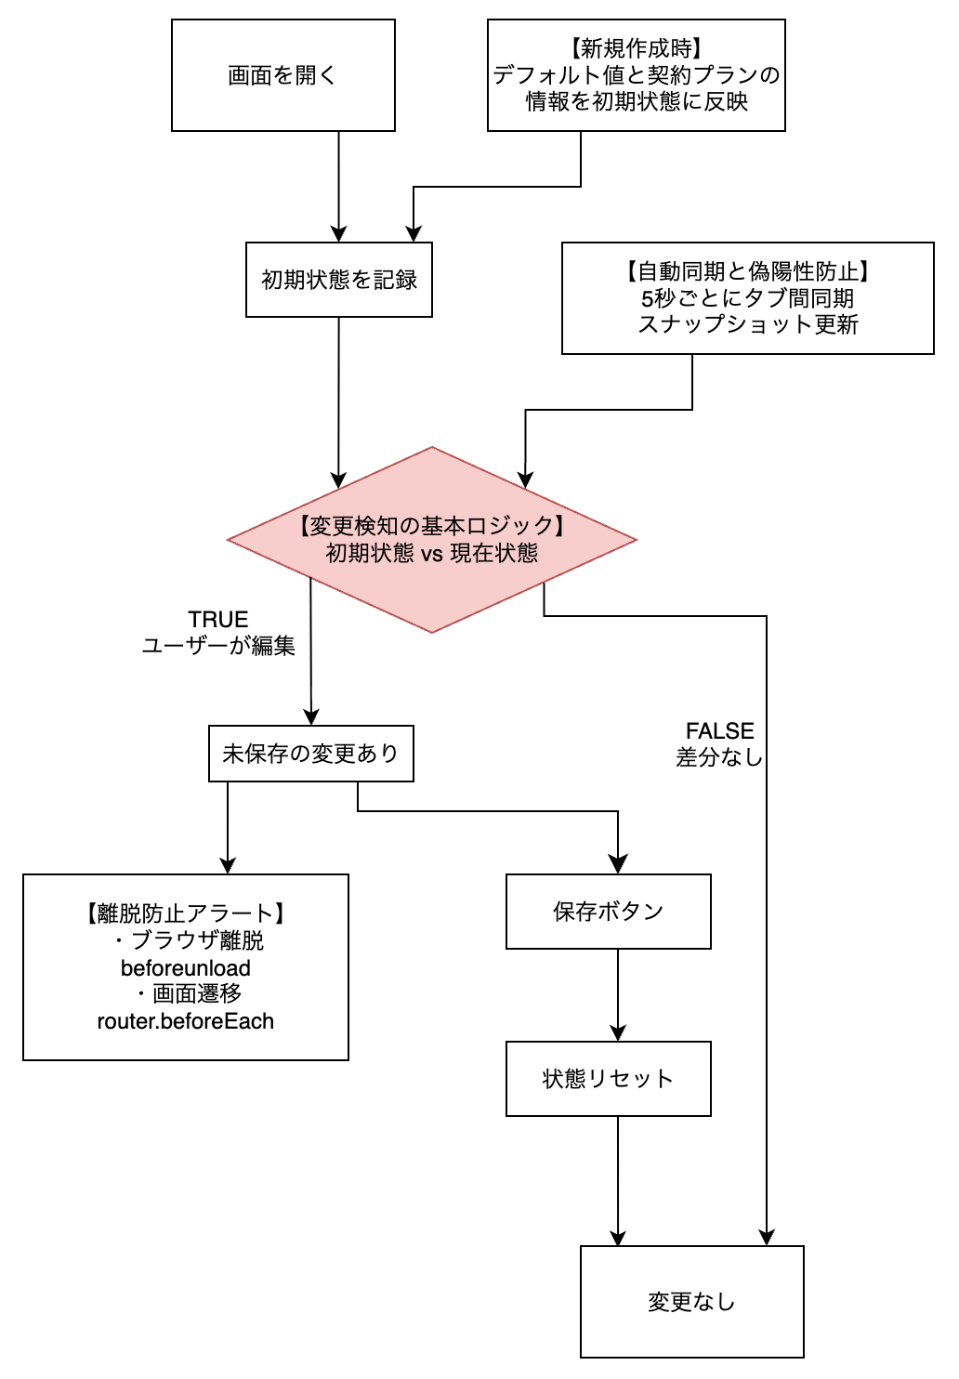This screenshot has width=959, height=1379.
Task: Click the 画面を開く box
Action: pyautogui.click(x=283, y=75)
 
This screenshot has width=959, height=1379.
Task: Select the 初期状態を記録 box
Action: pyautogui.click(x=339, y=280)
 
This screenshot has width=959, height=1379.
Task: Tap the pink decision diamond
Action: pyautogui.click(x=432, y=540)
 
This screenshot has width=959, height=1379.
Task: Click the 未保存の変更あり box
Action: pyautogui.click(x=311, y=754)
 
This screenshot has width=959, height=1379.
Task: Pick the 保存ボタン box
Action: pyautogui.click(x=609, y=912)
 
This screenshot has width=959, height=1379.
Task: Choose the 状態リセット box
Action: pyautogui.click(x=609, y=1079)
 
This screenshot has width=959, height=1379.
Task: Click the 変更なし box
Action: pyautogui.click(x=692, y=1302)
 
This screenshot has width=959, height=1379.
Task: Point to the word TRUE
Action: pyautogui.click(x=218, y=620)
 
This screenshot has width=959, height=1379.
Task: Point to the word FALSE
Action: pyautogui.click(x=720, y=731)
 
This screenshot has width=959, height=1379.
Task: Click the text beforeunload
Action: pyautogui.click(x=186, y=968)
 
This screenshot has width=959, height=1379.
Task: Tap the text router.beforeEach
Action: pyautogui.click(x=186, y=1021)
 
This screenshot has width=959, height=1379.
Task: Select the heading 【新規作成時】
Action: pyautogui.click(x=637, y=48)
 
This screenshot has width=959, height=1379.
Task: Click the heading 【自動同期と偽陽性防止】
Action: pyautogui.click(x=748, y=271)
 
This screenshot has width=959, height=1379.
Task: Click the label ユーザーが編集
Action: pyautogui.click(x=218, y=645)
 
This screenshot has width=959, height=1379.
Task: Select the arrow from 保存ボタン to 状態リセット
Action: pyautogui.click(x=618, y=994)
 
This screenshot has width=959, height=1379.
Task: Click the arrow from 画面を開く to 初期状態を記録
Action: pyautogui.click(x=339, y=186)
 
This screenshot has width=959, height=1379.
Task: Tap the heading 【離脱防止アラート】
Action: pyautogui.click(x=186, y=913)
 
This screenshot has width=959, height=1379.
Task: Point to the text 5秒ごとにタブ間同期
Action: pyautogui.click(x=748, y=298)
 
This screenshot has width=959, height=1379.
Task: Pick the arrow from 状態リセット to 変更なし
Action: pyautogui.click(x=618, y=1180)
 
